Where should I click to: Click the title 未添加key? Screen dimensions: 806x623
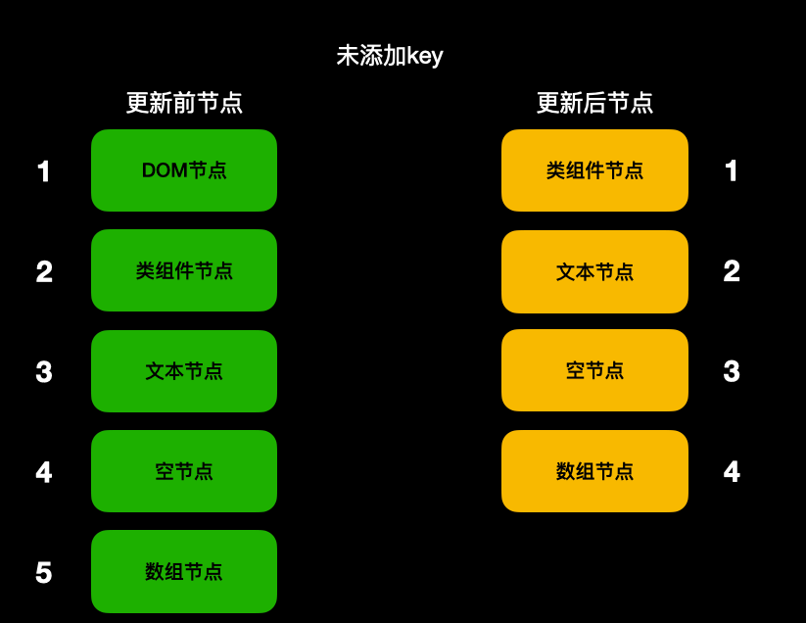390,56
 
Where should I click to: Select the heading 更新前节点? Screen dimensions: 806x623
184,103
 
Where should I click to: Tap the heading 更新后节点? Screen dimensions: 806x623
594,103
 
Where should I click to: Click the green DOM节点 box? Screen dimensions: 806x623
184,170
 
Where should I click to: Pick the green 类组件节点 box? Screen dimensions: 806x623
184,270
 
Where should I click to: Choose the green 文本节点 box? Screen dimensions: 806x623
184,371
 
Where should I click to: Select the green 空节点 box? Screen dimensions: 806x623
184,471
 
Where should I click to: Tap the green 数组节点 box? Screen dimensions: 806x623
184,571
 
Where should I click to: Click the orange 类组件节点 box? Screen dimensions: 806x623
594,170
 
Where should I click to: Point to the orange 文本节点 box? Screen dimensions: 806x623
594,271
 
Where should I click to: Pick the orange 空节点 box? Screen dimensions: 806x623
594,370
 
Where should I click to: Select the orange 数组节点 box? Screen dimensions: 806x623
594,471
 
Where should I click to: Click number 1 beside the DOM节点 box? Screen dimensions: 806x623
43,172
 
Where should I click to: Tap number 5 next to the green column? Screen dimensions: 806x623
43,573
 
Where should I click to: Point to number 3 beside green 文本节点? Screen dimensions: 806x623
43,372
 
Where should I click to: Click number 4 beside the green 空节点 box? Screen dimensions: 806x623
43,473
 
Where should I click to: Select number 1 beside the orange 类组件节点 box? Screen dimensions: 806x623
732,171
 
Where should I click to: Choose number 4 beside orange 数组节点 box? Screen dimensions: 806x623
732,472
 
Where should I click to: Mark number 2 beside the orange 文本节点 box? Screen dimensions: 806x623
732,271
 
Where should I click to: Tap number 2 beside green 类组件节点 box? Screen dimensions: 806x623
43,272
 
